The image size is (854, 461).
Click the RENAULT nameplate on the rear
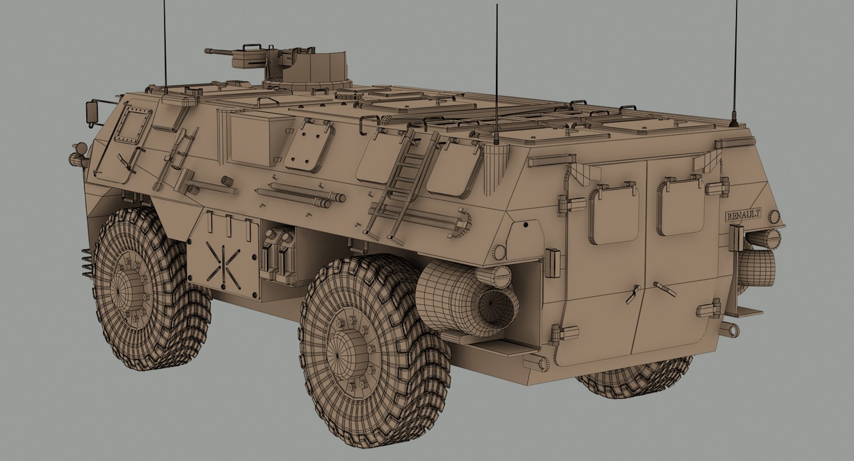(x=743, y=215)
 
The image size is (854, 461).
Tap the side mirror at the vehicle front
(x=92, y=112)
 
